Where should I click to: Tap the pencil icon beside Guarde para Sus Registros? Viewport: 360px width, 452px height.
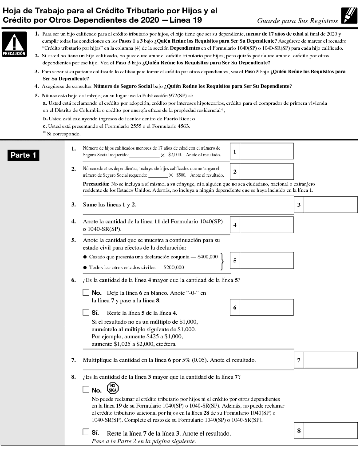[x=348, y=16]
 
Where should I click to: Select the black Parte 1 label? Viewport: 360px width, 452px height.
[x=23, y=155]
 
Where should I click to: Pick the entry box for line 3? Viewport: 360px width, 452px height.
[x=330, y=205]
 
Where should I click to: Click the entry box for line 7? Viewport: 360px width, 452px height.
[x=330, y=360]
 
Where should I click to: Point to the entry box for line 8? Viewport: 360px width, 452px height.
[x=330, y=430]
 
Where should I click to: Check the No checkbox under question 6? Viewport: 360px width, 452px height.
[x=86, y=293]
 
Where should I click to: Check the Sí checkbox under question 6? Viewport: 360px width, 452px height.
[x=86, y=312]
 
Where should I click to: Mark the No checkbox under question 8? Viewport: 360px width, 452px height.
[x=86, y=390]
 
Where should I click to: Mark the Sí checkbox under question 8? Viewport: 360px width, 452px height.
[x=86, y=432]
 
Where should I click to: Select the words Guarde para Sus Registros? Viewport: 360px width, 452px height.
[x=297, y=20]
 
